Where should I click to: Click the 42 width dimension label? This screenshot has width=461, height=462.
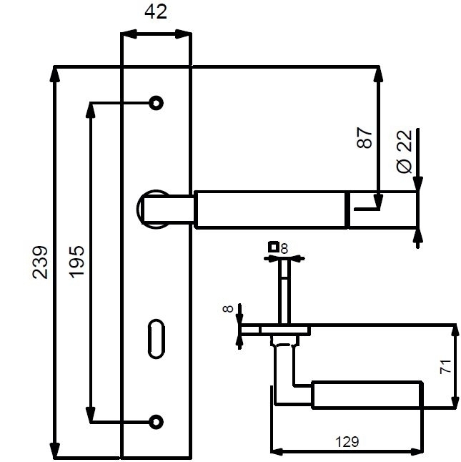[156, 12]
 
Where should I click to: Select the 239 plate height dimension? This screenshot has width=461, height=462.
[40, 262]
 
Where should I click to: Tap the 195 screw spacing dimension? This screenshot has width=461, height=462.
[77, 262]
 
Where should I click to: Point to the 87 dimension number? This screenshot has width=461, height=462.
[364, 137]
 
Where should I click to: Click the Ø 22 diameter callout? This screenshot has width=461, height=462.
[405, 152]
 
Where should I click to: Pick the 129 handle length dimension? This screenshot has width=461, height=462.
[347, 442]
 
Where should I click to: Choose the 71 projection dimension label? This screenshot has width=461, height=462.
[445, 367]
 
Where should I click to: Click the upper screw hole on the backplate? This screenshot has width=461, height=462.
[156, 103]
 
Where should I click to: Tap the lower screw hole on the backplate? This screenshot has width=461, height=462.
[156, 422]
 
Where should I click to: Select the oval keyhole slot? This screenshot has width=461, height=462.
[156, 339]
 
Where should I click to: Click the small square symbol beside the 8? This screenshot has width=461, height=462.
[274, 247]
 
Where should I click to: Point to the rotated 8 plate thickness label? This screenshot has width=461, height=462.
[228, 309]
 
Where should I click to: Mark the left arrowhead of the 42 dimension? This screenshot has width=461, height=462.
[129, 34]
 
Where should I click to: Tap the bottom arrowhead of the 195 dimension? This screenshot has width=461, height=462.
[90, 415]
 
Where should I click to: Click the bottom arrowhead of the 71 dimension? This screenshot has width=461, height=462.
[455, 400]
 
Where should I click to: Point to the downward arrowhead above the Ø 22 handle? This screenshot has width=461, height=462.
[417, 184]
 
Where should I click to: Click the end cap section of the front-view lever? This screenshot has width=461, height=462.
[382, 210]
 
